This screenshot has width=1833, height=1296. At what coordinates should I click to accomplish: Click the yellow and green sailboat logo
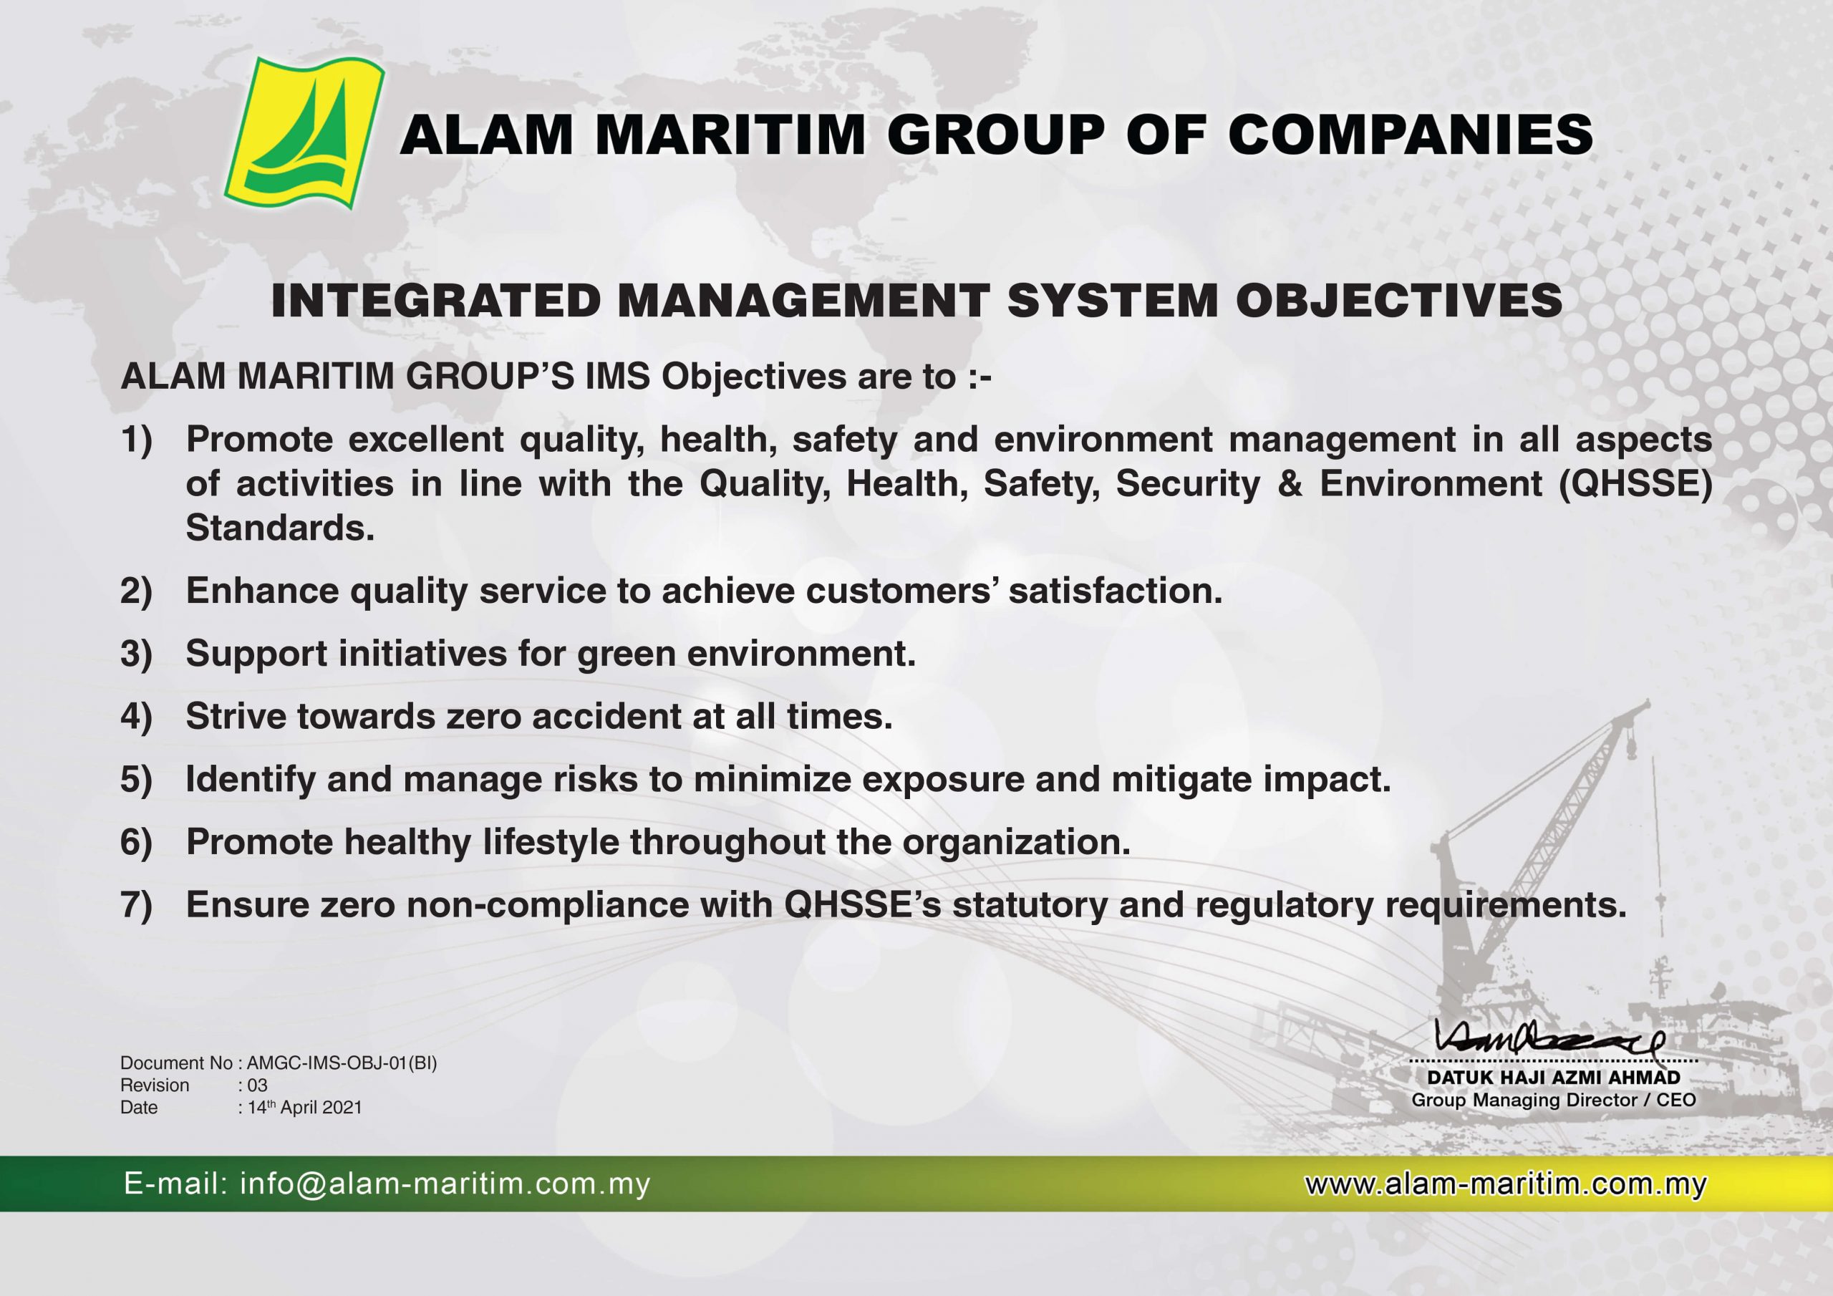pos(304,133)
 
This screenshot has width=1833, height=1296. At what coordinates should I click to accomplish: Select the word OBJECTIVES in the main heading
pos(1398,301)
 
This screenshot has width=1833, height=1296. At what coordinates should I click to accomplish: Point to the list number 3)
pos(137,654)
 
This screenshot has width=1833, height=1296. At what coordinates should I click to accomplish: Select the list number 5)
pos(137,779)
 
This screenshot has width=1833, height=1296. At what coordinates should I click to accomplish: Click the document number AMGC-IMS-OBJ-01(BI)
pos(342,1063)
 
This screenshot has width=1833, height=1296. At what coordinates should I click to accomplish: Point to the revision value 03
pos(257,1085)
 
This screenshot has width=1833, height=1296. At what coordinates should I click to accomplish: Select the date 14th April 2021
pos(304,1107)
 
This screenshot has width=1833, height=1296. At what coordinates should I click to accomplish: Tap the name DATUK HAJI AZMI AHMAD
pos(1554,1077)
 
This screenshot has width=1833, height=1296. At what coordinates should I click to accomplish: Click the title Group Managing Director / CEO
pos(1554,1101)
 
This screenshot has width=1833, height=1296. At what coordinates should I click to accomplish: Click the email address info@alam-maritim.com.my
pos(445,1184)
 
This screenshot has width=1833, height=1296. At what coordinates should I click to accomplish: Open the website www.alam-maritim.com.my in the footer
pos(1505,1184)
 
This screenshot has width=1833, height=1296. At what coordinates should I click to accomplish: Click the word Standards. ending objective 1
pos(280,528)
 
